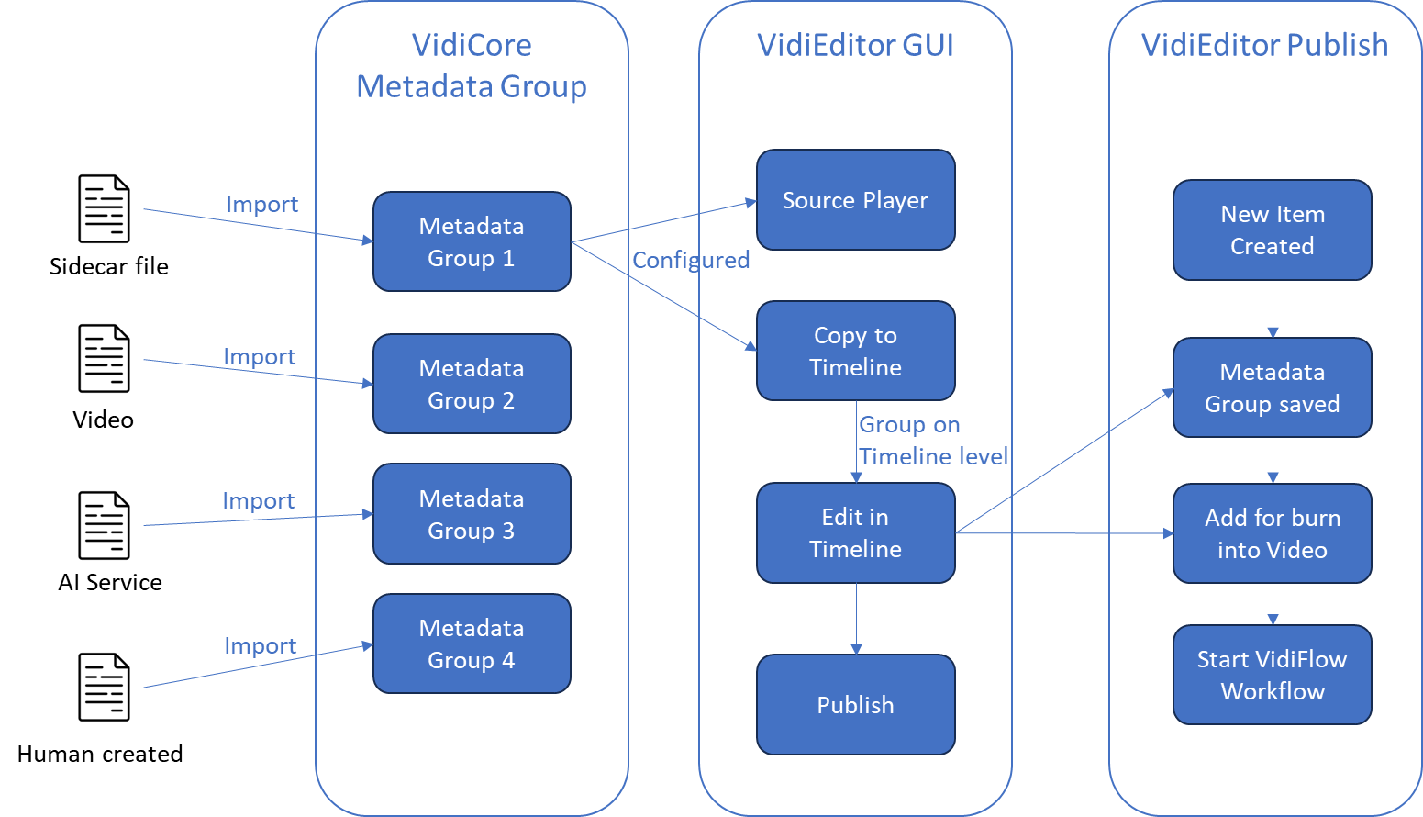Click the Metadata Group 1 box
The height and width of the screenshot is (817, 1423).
[x=472, y=241]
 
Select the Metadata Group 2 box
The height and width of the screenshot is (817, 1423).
[x=472, y=384]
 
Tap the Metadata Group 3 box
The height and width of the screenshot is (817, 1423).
[x=472, y=514]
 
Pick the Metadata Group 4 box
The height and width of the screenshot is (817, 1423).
[x=472, y=644]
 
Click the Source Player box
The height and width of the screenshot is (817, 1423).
[x=855, y=200]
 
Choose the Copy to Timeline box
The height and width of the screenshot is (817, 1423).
[x=855, y=351]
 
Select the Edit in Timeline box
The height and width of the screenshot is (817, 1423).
[x=855, y=532]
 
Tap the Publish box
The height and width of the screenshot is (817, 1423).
[x=855, y=704]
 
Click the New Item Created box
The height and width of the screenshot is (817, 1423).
[x=1272, y=229]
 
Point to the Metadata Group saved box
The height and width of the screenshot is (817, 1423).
[x=1272, y=387]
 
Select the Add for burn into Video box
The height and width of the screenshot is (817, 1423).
[x=1272, y=533]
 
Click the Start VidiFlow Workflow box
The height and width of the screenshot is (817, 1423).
[x=1272, y=675]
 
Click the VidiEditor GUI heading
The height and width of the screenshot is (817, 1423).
[x=855, y=45]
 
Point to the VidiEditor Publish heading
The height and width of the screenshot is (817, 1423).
[x=1264, y=45]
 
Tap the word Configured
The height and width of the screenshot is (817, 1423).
[x=691, y=260]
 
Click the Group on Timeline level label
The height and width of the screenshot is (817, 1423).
[x=932, y=441]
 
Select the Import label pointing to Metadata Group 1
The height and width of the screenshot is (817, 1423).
[x=262, y=204]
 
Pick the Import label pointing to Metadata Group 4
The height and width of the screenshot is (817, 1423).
[x=260, y=645]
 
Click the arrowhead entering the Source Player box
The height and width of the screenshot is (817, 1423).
[x=750, y=203]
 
